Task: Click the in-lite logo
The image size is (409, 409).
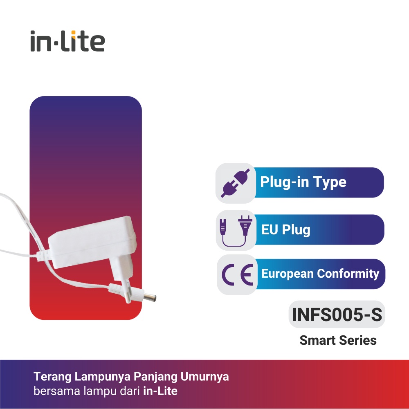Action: (67, 41)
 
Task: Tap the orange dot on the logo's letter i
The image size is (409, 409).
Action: (73, 32)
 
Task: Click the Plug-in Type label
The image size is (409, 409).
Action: (303, 182)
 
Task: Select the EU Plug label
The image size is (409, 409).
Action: (285, 229)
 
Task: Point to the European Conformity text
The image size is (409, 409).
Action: (320, 274)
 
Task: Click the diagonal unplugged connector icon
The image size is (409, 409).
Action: (235, 183)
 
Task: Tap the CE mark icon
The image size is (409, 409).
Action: (237, 275)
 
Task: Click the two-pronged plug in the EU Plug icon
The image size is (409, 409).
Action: (245, 225)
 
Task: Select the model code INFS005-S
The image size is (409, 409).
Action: (337, 314)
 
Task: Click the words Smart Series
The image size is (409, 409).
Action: (338, 340)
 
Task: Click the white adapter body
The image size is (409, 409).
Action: (92, 242)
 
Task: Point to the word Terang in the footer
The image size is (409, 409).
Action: (52, 377)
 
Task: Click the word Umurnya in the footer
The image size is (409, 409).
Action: (204, 377)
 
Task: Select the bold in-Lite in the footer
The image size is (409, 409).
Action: (160, 391)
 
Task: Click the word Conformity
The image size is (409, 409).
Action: (348, 274)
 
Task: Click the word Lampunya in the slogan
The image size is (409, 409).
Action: (102, 377)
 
